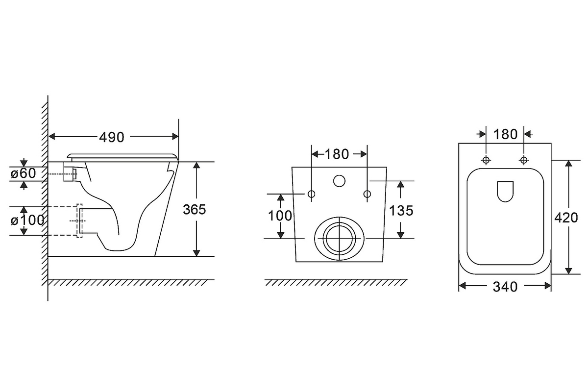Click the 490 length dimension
tap(112, 137)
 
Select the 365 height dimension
tap(194, 210)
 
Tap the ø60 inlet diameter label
tap(23, 173)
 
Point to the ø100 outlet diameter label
tap(27, 220)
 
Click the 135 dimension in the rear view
tap(401, 211)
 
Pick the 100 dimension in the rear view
tap(280, 216)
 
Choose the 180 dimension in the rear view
tap(337, 154)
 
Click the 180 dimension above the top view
tap(505, 134)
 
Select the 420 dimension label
tap(566, 218)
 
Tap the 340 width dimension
tap(505, 287)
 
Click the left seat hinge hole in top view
tap(486, 160)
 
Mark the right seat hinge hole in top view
tap(524, 160)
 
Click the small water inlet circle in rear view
tap(339, 181)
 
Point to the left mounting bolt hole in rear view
tap(311, 194)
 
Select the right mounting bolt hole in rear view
tap(367, 194)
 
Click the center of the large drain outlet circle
tap(340, 239)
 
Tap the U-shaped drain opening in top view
tap(505, 192)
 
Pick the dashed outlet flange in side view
tap(79, 221)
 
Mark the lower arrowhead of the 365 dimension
tap(196, 253)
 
